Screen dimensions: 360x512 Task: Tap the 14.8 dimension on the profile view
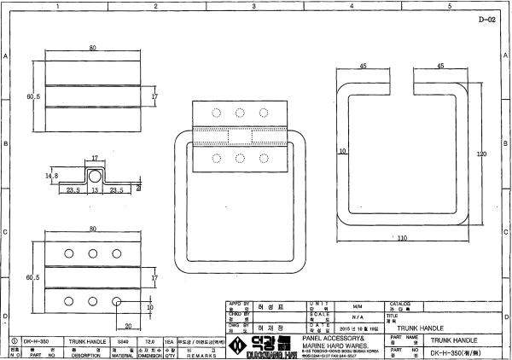coord(51,176)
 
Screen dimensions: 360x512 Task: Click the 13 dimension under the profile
coord(95,191)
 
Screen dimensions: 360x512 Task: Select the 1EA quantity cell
coord(169,340)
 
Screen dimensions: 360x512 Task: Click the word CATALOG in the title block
coord(402,303)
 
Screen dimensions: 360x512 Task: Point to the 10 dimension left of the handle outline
coord(341,150)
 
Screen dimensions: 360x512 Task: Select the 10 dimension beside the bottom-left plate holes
coord(149,307)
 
